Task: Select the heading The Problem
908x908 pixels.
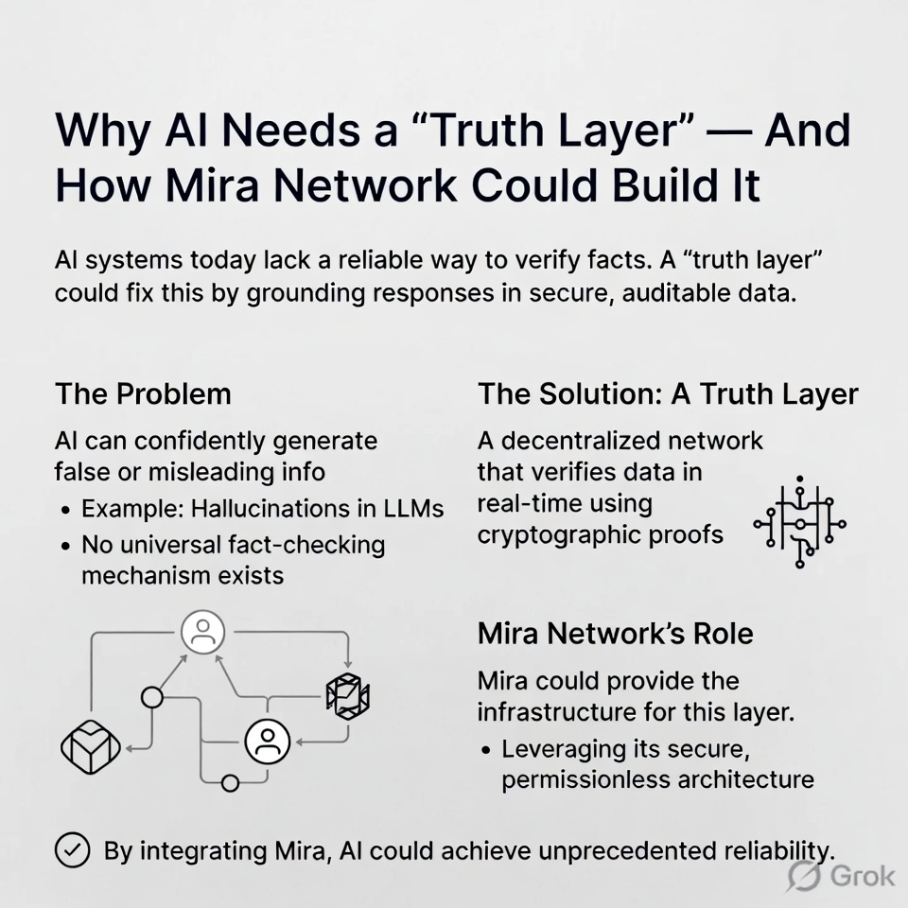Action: tap(143, 393)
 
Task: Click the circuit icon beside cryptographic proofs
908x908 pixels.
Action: tap(799, 521)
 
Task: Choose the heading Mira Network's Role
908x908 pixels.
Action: tap(616, 633)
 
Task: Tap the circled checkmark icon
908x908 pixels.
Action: tap(72, 849)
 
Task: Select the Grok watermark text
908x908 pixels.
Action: tap(862, 875)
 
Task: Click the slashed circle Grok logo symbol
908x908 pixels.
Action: tap(805, 876)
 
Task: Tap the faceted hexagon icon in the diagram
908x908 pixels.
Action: tap(346, 697)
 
